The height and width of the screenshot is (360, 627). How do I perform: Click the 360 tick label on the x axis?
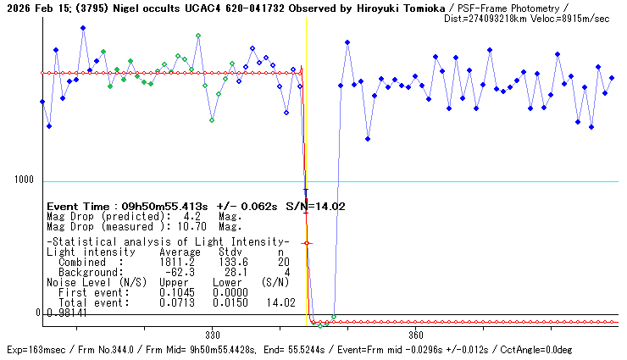(x=416, y=335)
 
